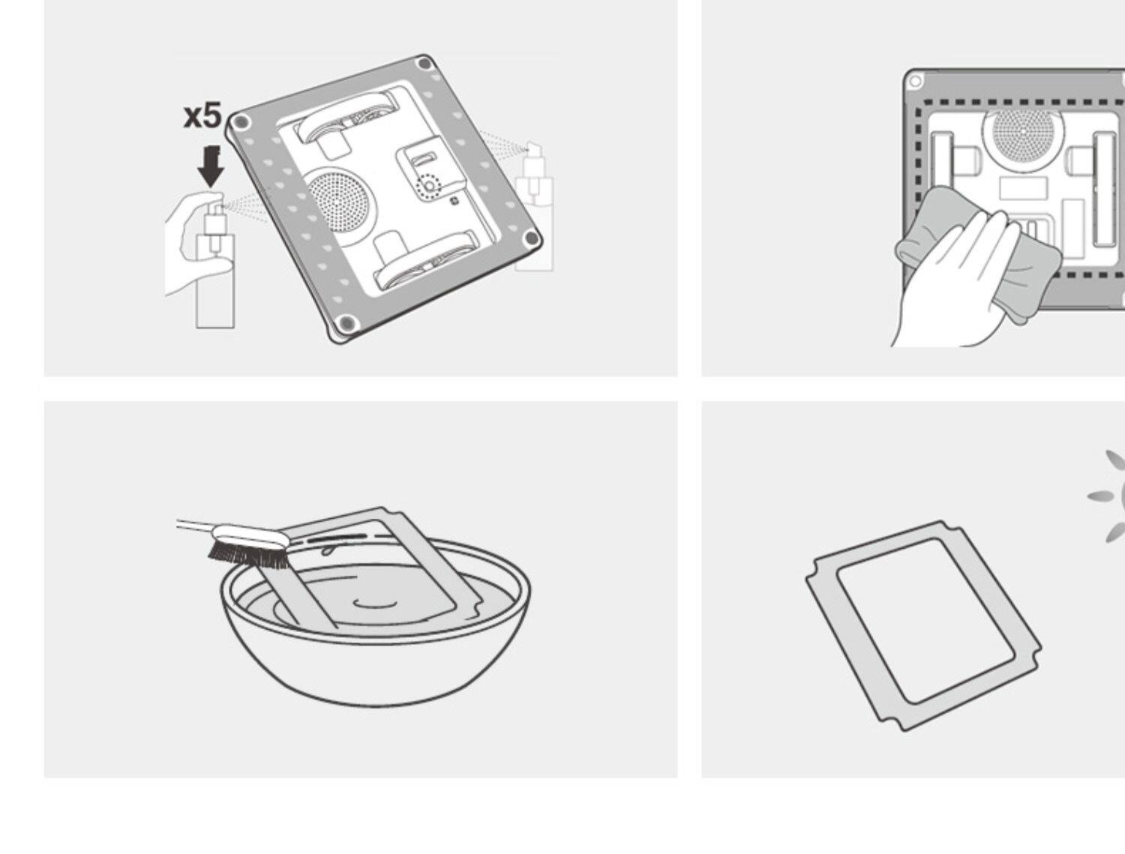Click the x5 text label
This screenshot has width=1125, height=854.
(x=202, y=115)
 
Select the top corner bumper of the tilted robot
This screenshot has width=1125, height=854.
(x=424, y=64)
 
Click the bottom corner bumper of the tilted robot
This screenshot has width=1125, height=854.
(x=345, y=324)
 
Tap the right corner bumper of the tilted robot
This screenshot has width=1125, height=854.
(x=532, y=239)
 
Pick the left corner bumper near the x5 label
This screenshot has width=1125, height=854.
(x=239, y=123)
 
